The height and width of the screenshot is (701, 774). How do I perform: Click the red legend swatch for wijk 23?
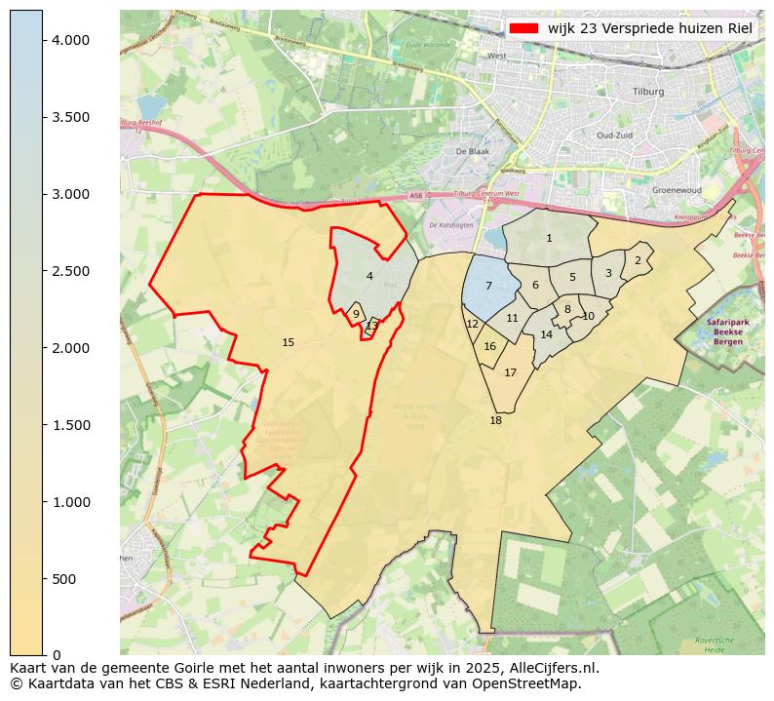[x=524, y=29]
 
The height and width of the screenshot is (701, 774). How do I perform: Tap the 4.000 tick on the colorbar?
[x=70, y=40]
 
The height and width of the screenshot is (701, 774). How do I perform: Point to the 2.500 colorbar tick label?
[x=70, y=271]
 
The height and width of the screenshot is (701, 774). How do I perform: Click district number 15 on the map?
[x=288, y=342]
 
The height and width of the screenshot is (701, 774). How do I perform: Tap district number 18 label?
[x=495, y=420]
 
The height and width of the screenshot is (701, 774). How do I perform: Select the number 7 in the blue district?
[x=488, y=286]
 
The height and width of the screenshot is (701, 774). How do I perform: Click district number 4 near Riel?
[x=369, y=276]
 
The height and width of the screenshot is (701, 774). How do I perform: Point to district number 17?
[x=510, y=372]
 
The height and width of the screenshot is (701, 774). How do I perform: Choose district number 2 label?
[x=638, y=260]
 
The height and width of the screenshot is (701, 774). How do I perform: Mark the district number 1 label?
[x=549, y=238]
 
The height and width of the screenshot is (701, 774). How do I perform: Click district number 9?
[x=356, y=314]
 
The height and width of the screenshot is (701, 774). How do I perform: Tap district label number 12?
[x=472, y=324]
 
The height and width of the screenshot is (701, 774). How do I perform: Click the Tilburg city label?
[x=647, y=91]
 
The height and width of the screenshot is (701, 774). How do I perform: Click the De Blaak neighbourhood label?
[x=472, y=151]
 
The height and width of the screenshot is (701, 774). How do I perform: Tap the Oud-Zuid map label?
[x=615, y=136]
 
